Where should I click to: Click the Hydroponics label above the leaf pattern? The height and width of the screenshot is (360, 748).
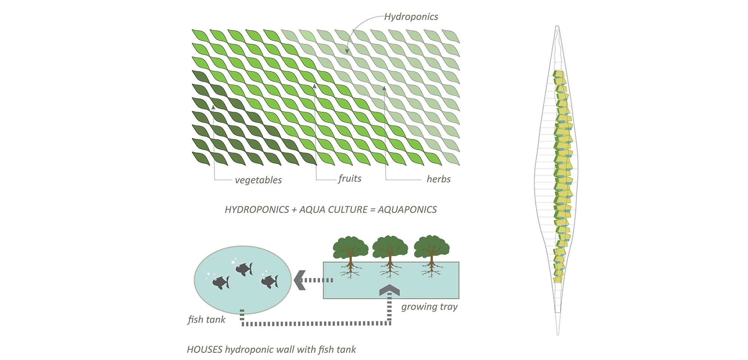411,17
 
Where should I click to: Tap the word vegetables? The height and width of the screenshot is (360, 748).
258,180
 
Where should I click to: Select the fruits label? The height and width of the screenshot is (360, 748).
350,179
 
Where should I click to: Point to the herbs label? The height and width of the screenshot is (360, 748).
438,179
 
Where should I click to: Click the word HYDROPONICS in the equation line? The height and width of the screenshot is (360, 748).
257,210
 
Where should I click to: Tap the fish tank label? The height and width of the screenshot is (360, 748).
206,320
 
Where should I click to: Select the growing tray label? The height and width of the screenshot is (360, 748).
429,307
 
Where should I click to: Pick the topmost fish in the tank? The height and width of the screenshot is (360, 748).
244,268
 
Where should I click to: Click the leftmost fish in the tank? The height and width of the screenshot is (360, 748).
221,282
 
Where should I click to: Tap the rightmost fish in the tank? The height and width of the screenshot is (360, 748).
270,281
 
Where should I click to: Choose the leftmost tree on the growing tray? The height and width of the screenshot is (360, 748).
350,249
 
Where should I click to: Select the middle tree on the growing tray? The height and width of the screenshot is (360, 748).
390,249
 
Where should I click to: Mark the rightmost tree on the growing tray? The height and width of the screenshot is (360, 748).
431,249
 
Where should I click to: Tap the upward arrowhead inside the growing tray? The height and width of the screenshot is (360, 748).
389,290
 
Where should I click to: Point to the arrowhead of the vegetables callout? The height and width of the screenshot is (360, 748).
213,107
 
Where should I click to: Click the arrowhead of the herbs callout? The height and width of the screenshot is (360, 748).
384,88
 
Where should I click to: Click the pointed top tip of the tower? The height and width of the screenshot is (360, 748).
557,27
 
